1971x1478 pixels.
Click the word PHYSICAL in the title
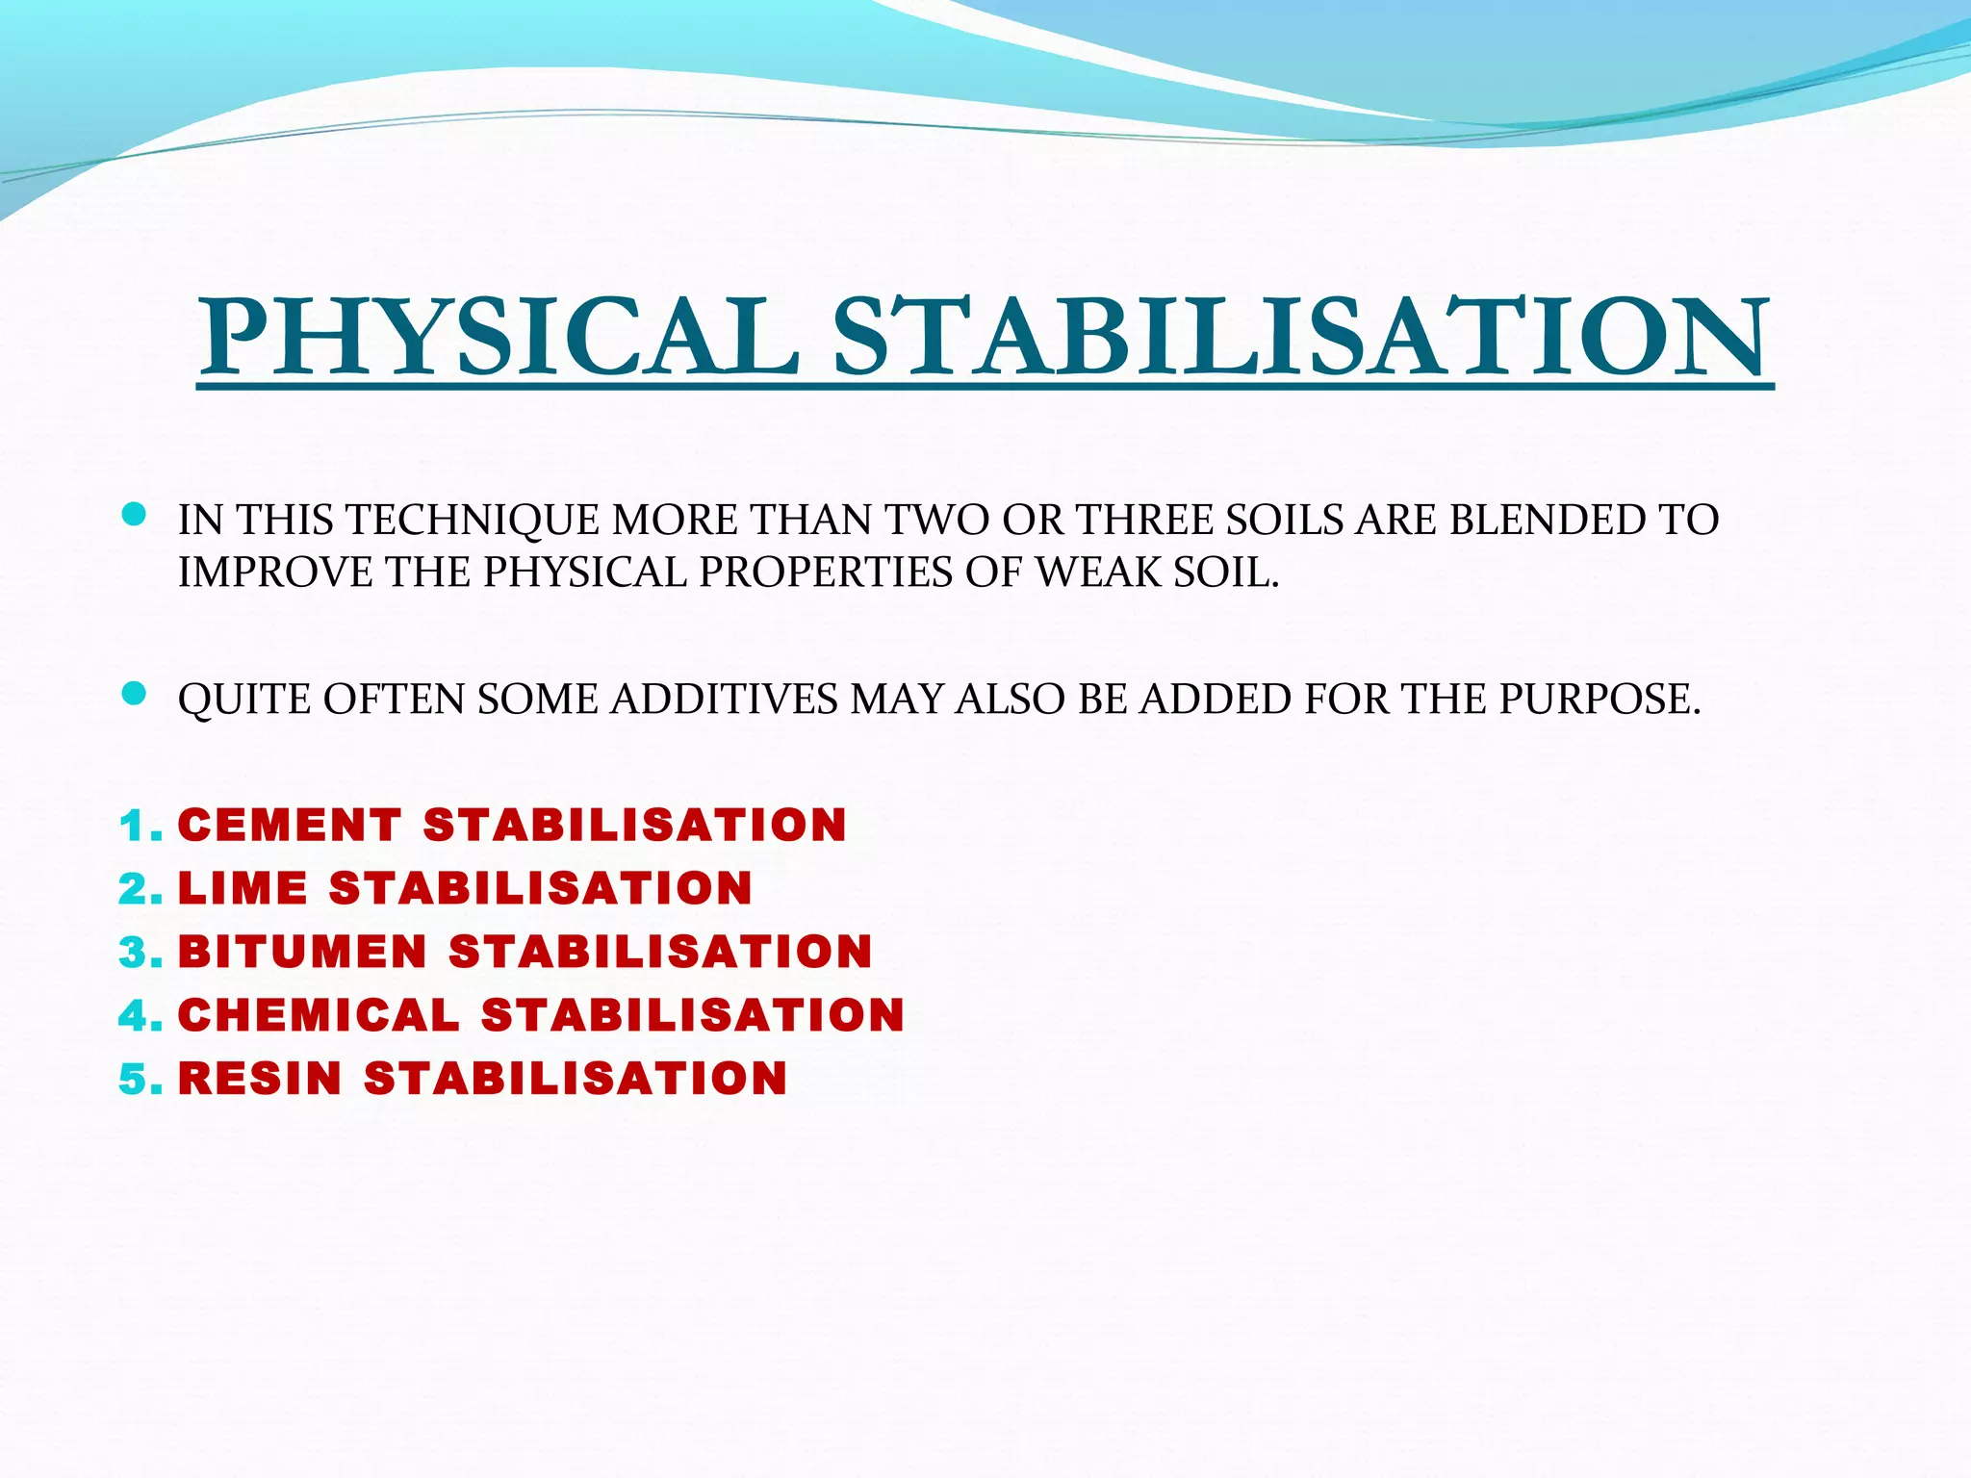point(499,337)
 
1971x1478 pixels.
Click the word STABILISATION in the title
point(1299,337)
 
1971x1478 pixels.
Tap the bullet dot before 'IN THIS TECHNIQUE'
point(135,515)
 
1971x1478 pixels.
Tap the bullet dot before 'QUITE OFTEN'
point(135,694)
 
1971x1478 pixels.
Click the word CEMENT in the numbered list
point(290,826)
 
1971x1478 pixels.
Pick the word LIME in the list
point(243,888)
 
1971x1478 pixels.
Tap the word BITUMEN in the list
point(302,952)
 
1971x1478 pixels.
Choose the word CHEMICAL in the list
point(319,1015)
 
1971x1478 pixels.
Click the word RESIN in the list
point(260,1079)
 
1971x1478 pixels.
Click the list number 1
point(134,827)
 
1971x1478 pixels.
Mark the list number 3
point(134,953)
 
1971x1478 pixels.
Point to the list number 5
point(134,1080)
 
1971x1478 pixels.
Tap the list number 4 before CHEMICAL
point(134,1016)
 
